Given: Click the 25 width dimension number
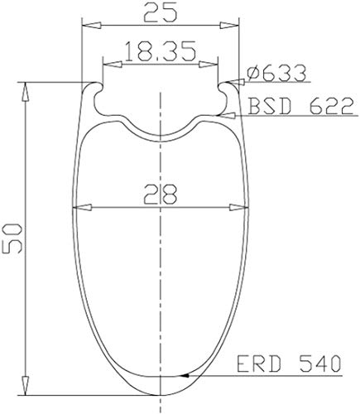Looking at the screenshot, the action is coord(160,13).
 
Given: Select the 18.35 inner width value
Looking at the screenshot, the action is coord(161,51).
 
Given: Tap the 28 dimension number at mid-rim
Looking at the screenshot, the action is coord(161,195).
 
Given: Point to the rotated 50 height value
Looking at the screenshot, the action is coord(12,238).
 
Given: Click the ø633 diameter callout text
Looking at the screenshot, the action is coord(276,73).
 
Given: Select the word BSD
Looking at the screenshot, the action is coord(270,106).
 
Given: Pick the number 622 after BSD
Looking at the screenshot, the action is coord(331,106).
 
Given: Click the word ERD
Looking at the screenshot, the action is coord(259,363).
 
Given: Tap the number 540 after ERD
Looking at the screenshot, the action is coord(319,363).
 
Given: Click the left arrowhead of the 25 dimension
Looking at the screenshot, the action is coord(91,26).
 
